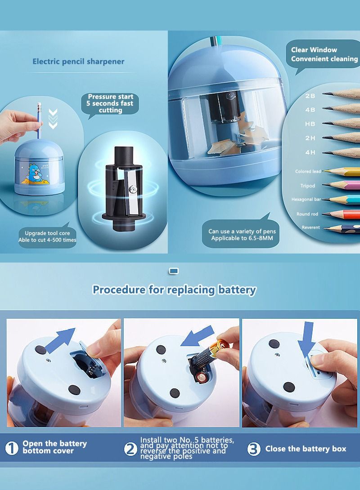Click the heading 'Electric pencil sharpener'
(x=78, y=62)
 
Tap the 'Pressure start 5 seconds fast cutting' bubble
(x=110, y=103)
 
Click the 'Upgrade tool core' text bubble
(x=47, y=236)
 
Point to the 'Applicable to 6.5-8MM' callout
(x=242, y=235)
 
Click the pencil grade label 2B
(x=310, y=96)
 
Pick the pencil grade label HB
(x=310, y=124)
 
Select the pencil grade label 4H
(x=310, y=152)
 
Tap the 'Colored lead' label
(x=308, y=171)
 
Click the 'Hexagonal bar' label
(x=306, y=199)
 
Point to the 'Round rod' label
(x=307, y=214)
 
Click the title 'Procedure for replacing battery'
(x=174, y=290)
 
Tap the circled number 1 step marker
(x=12, y=448)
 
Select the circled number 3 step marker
(x=254, y=449)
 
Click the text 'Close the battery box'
(x=306, y=449)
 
